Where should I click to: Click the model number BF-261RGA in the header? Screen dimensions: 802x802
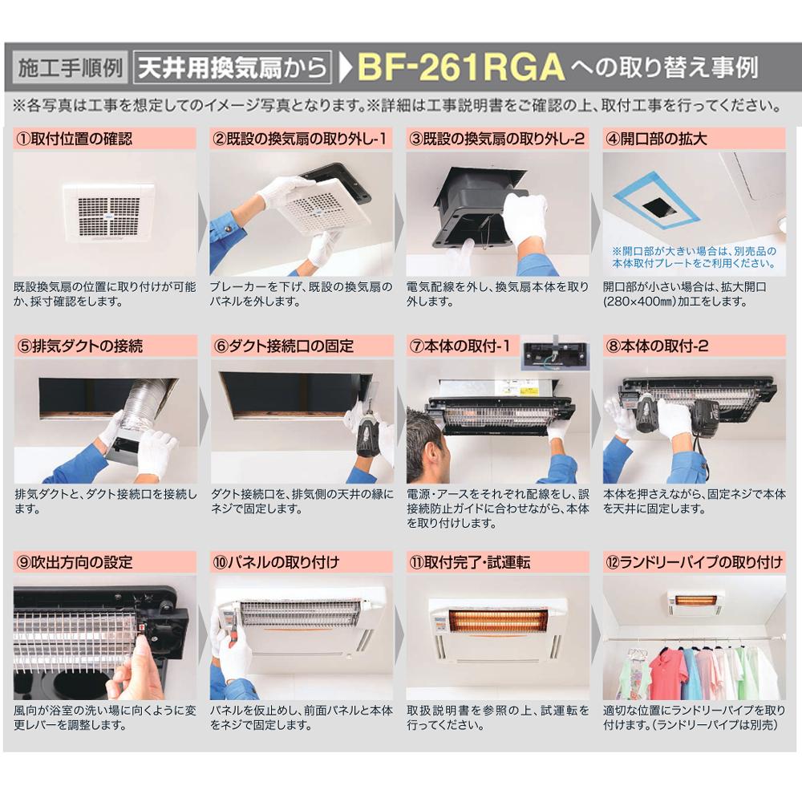[x=460, y=68]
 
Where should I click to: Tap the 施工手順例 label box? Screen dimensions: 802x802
[x=70, y=67]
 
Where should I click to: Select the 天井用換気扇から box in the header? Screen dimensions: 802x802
[x=232, y=67]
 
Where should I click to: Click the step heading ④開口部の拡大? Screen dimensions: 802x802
[x=658, y=138]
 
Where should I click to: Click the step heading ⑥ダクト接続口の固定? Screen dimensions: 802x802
[x=284, y=346]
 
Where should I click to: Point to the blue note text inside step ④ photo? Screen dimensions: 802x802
[x=694, y=257]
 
